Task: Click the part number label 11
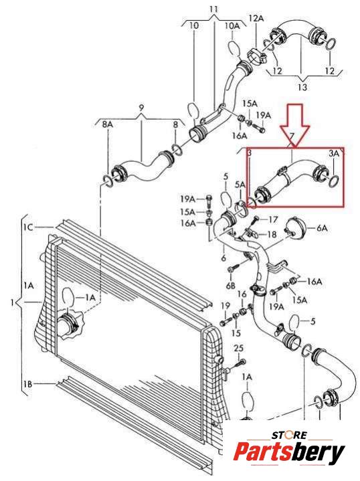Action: pyautogui.click(x=213, y=9)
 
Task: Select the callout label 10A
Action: pyautogui.click(x=232, y=25)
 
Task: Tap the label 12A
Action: pyautogui.click(x=256, y=19)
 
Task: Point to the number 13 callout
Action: pyautogui.click(x=302, y=87)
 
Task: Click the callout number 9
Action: pyautogui.click(x=141, y=108)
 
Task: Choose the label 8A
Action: pyautogui.click(x=108, y=124)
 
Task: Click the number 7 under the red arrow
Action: pyautogui.click(x=292, y=136)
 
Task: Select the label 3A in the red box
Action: pyautogui.click(x=334, y=153)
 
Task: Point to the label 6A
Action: pyautogui.click(x=322, y=228)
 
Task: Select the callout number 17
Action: pyautogui.click(x=273, y=219)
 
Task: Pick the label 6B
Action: pyautogui.click(x=231, y=285)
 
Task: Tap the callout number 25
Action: pyautogui.click(x=238, y=348)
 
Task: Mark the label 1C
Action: pyautogui.click(x=27, y=227)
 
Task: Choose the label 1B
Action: pyautogui.click(x=27, y=384)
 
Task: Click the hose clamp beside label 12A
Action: pyautogui.click(x=256, y=58)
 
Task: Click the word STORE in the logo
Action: pyautogui.click(x=289, y=435)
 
